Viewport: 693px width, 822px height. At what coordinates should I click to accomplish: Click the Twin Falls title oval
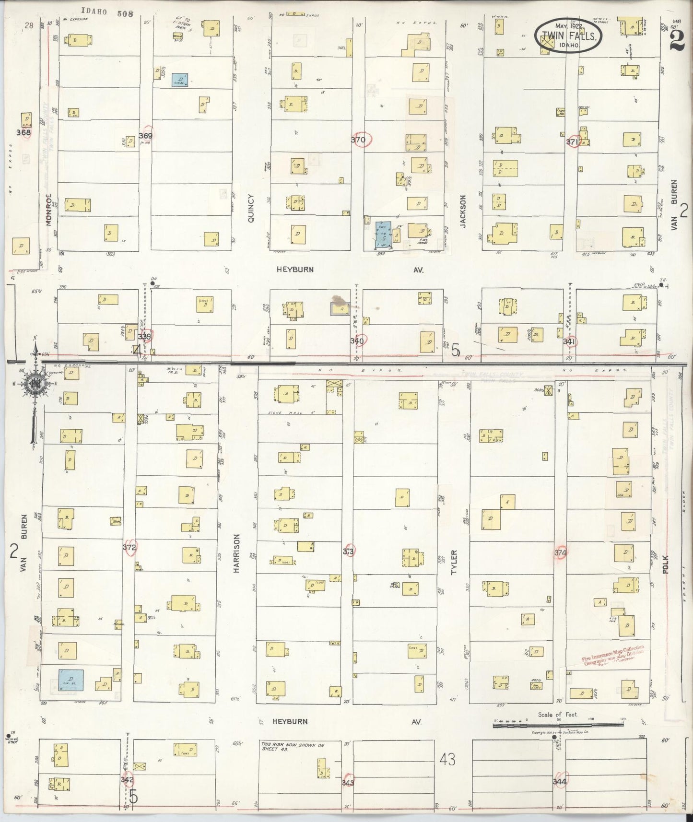568,36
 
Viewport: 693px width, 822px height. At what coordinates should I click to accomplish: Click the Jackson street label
463,211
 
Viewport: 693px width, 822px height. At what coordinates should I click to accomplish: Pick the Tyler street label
454,562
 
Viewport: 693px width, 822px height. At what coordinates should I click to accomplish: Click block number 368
23,132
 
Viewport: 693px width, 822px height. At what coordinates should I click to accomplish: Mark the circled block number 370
358,140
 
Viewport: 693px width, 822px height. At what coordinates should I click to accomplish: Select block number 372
129,547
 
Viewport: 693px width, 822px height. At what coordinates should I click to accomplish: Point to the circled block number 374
561,552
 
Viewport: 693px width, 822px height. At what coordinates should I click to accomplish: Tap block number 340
358,341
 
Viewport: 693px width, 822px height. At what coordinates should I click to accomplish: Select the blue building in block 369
180,80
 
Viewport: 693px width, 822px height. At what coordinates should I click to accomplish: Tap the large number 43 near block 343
447,759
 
